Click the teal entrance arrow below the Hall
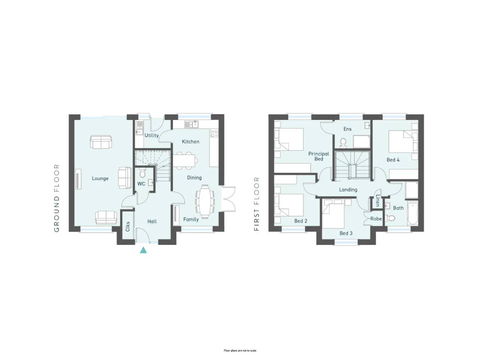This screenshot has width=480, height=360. tap(143, 250)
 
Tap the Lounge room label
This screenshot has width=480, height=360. tap(100, 178)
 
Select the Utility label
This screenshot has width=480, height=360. tap(151, 135)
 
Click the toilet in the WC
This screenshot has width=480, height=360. tap(142, 172)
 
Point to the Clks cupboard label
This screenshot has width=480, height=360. tap(128, 226)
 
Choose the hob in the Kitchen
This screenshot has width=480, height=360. tap(214, 133)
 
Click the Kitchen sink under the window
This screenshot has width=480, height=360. tap(191, 124)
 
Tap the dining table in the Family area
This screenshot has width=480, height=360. tap(205, 201)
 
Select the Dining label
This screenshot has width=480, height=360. tap(194, 178)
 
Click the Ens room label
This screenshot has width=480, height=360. tap(348, 129)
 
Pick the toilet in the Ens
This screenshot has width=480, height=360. tap(343, 142)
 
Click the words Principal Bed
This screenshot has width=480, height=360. tap(319, 156)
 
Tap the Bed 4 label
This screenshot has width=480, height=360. tap(393, 160)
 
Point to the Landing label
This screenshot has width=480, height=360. tap(348, 189)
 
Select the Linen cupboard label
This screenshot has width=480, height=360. tap(378, 201)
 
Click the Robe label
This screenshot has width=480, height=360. tap(376, 219)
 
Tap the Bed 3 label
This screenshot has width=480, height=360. tap(346, 233)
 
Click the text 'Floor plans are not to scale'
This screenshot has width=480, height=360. tap(240, 351)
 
